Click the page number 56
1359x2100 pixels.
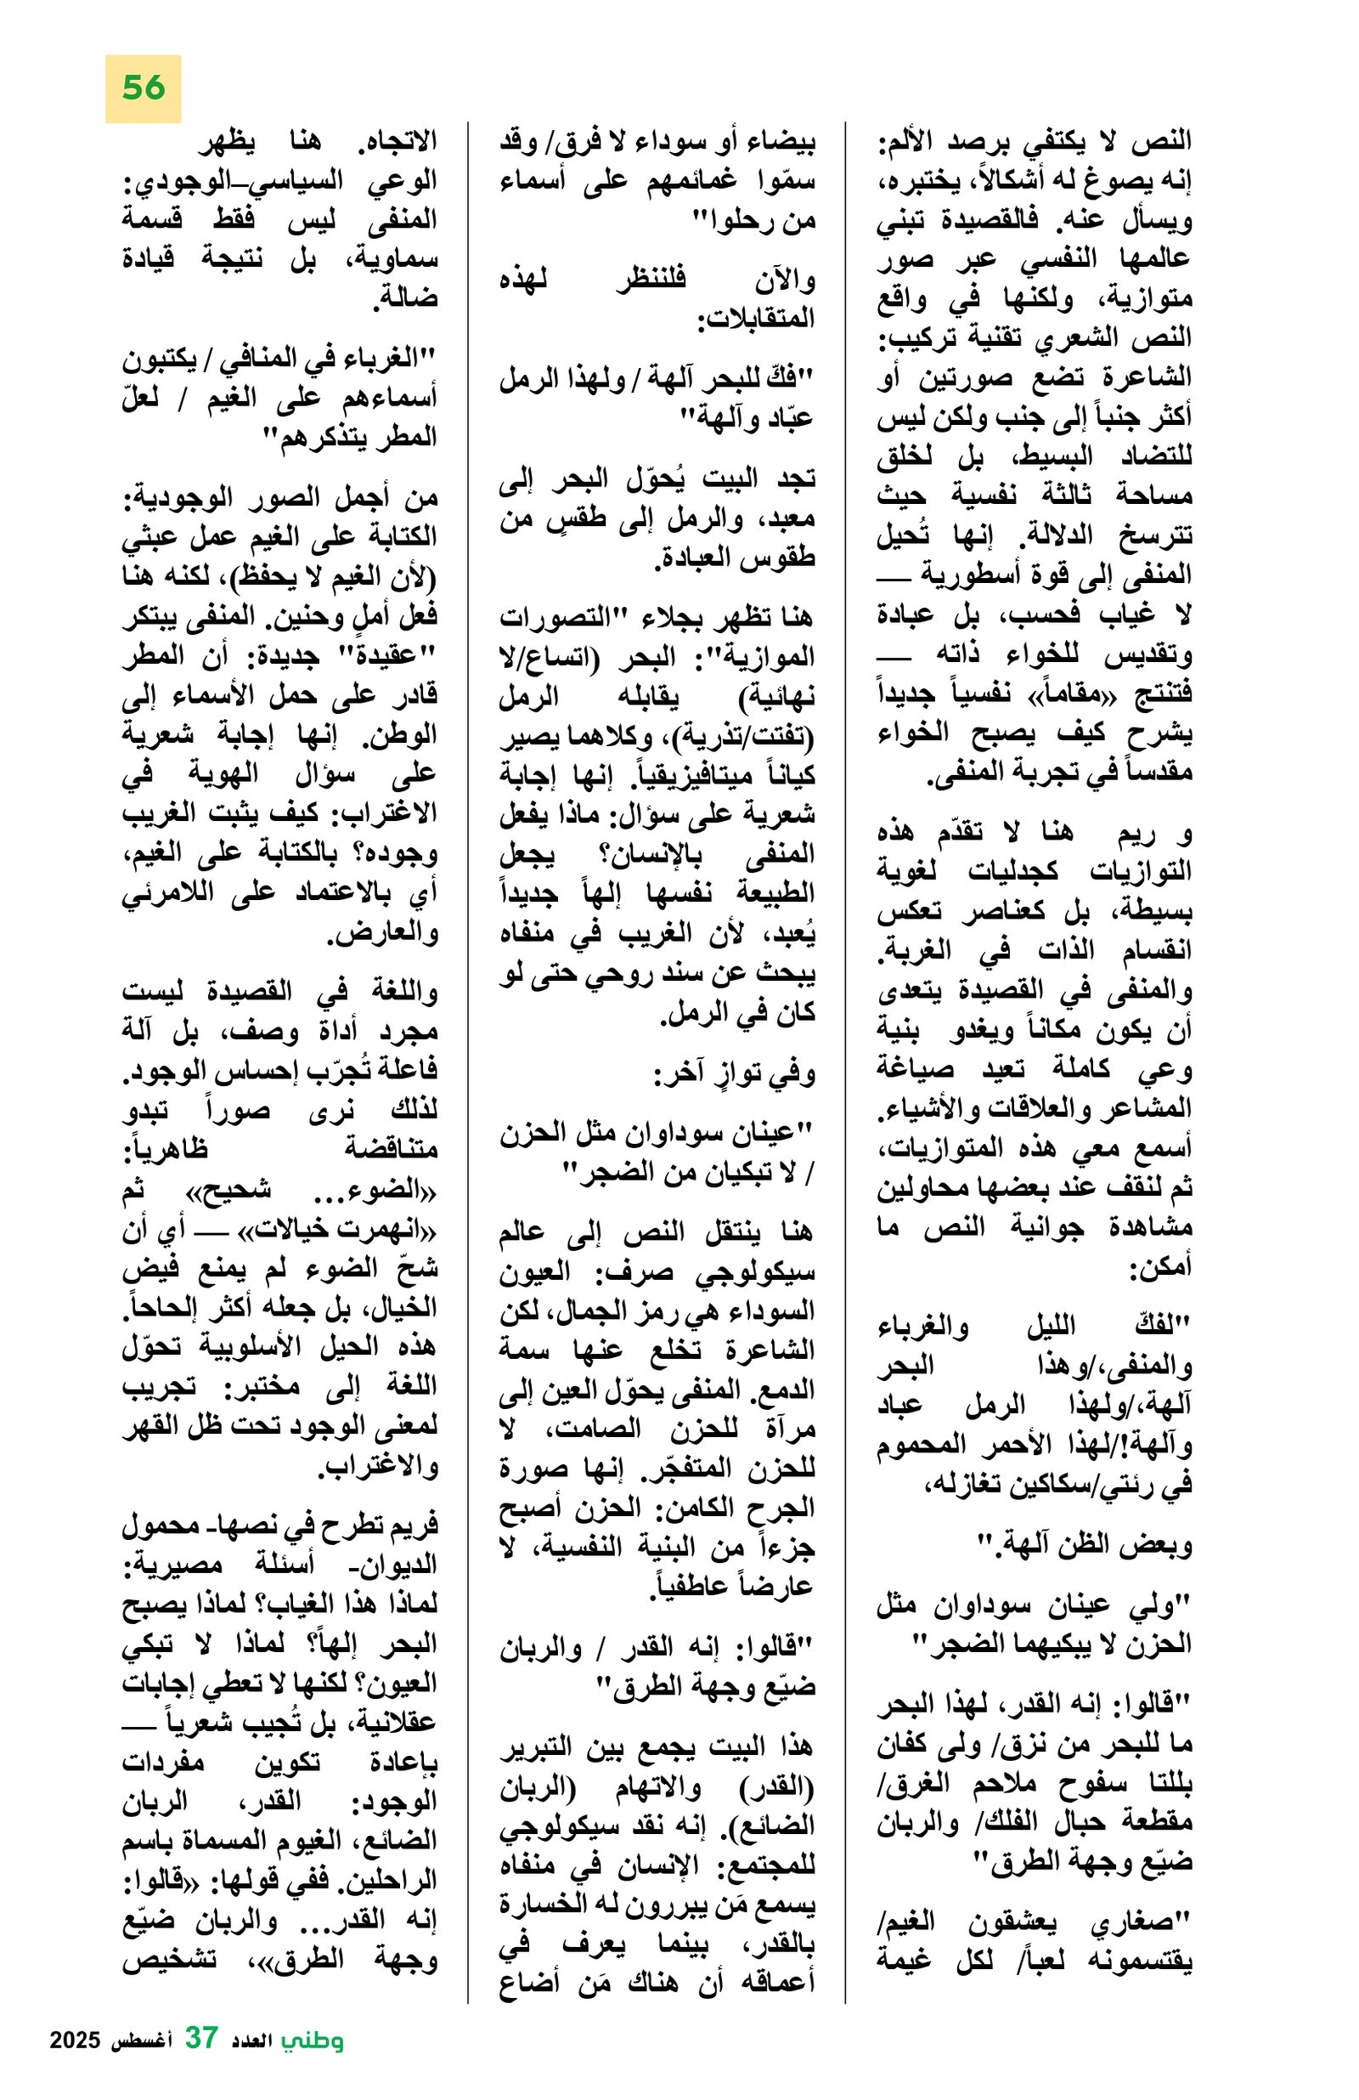[x=143, y=88]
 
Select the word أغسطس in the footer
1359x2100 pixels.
[x=141, y=2063]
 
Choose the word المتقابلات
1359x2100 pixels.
[x=755, y=320]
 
